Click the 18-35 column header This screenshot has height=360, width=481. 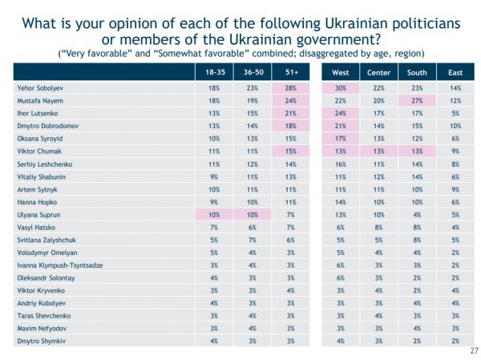(212, 72)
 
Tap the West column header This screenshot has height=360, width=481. (341, 72)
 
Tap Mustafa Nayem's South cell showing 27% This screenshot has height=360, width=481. (415, 100)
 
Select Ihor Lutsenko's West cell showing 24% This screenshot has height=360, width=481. (341, 113)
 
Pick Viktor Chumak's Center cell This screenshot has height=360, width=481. (378, 152)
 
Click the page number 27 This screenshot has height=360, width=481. (472, 350)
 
